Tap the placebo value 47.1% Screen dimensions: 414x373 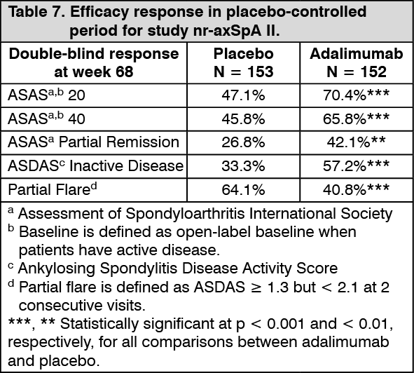[x=243, y=95]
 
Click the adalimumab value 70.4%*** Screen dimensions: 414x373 [x=356, y=95]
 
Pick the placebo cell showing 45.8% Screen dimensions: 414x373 [x=243, y=118]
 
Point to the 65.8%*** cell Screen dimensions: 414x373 [x=356, y=118]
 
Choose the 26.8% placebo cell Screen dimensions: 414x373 [x=243, y=142]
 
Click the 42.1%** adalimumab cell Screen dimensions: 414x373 [x=356, y=142]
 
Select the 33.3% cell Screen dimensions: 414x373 [x=243, y=166]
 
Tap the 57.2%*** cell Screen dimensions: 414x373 [x=356, y=165]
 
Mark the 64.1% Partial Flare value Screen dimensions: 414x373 [x=243, y=190]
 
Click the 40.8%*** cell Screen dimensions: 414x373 [x=356, y=189]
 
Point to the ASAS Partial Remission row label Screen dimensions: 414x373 [x=94, y=142]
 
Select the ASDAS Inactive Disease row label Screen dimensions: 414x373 [x=95, y=165]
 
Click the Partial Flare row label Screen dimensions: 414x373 [x=53, y=189]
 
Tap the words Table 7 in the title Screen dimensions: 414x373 [x=36, y=12]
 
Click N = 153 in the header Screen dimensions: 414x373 [x=244, y=72]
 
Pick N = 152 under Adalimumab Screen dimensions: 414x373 [x=357, y=72]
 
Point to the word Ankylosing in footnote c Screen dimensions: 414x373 [x=57, y=269]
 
